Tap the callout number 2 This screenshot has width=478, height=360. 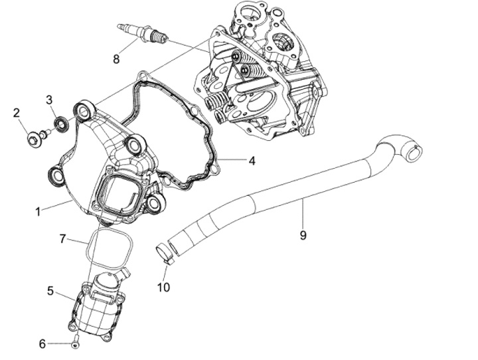[17, 113]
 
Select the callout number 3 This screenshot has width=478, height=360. [49, 100]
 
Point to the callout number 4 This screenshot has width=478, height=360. [252, 160]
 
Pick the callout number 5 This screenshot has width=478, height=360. [50, 290]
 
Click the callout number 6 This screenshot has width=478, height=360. [42, 344]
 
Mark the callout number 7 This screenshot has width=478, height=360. [62, 238]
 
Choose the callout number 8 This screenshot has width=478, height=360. [116, 58]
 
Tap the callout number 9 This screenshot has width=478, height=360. [303, 234]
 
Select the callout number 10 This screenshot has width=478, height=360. [163, 287]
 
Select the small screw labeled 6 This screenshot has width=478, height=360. [75, 343]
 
